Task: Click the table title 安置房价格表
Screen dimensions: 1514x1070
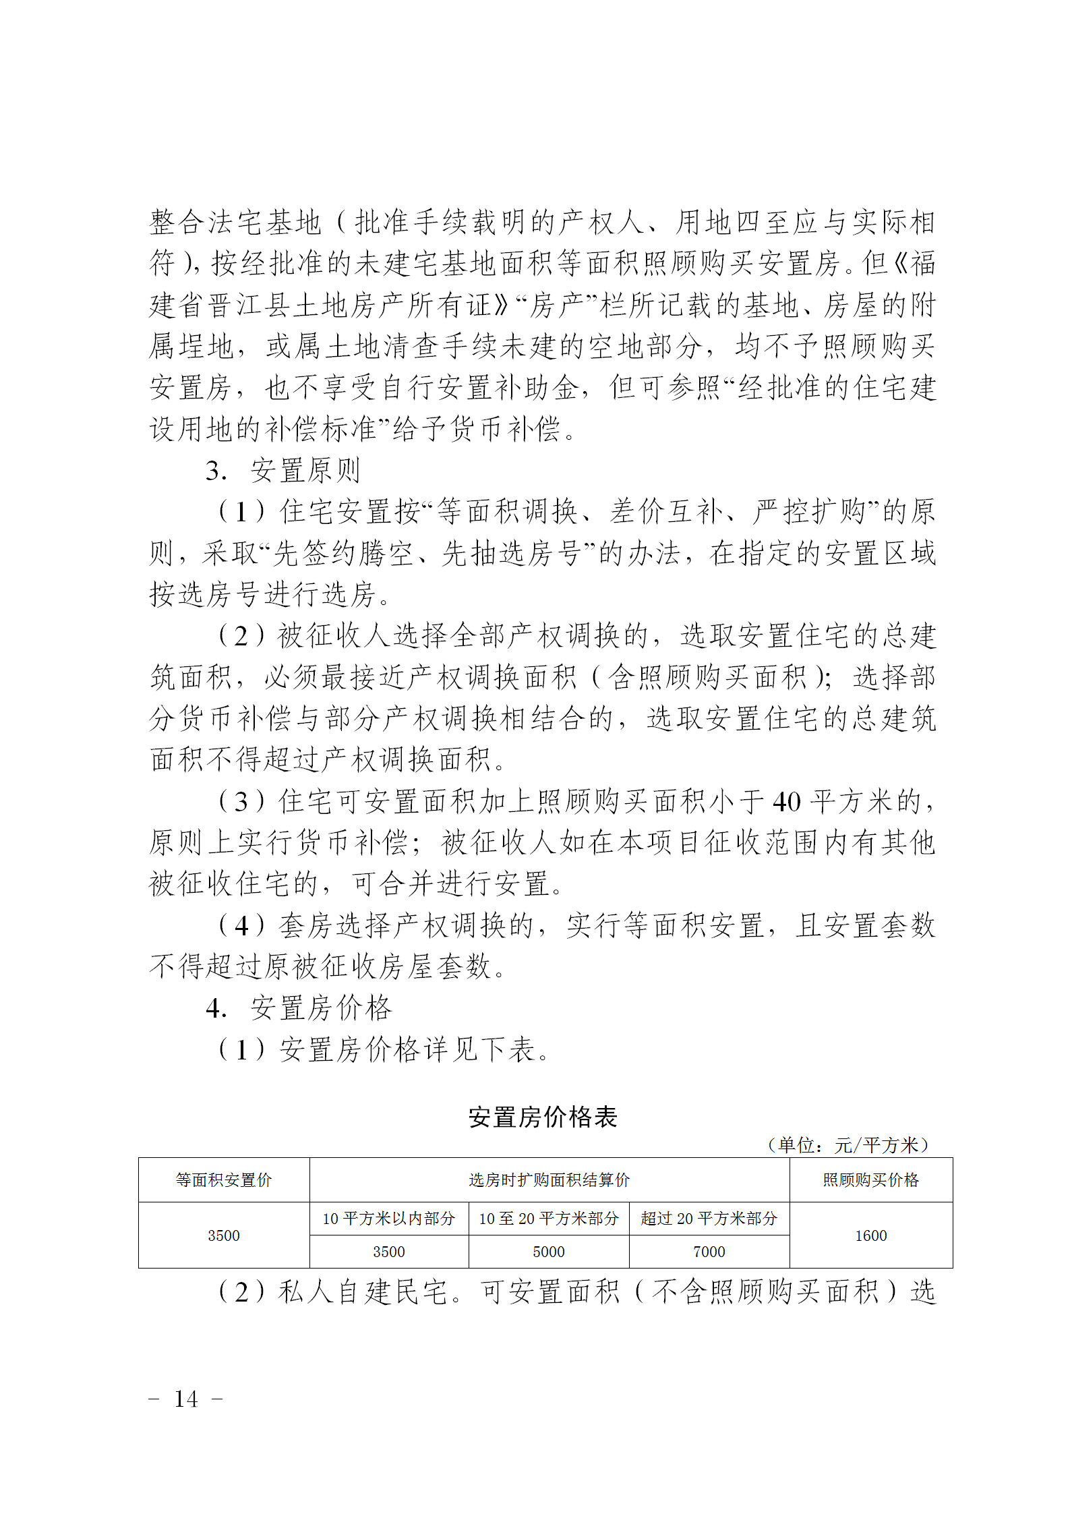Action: click(x=543, y=1117)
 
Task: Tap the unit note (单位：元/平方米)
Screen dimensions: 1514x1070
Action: click(x=848, y=1145)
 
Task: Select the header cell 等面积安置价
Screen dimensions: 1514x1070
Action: click(x=224, y=1180)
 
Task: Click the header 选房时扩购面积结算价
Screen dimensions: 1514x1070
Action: click(x=549, y=1180)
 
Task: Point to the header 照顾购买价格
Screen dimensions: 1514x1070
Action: click(x=870, y=1180)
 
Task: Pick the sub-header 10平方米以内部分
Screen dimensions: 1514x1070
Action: click(x=388, y=1219)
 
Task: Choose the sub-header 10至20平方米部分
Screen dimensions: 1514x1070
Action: click(x=549, y=1219)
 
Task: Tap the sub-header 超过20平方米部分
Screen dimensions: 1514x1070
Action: click(x=709, y=1219)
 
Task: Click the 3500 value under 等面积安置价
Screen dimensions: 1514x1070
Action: click(x=224, y=1235)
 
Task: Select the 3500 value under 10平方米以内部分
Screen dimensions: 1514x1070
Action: click(x=389, y=1252)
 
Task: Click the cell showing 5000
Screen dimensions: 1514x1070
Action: click(x=549, y=1252)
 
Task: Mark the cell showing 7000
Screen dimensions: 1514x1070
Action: click(x=709, y=1252)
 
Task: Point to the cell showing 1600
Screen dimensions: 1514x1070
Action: click(x=871, y=1235)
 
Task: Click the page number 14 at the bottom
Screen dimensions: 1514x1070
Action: click(x=186, y=1399)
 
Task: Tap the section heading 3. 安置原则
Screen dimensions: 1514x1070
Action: click(x=283, y=471)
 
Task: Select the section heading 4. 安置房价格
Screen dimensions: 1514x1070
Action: click(x=299, y=1008)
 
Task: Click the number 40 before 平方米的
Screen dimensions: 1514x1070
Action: click(x=786, y=802)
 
